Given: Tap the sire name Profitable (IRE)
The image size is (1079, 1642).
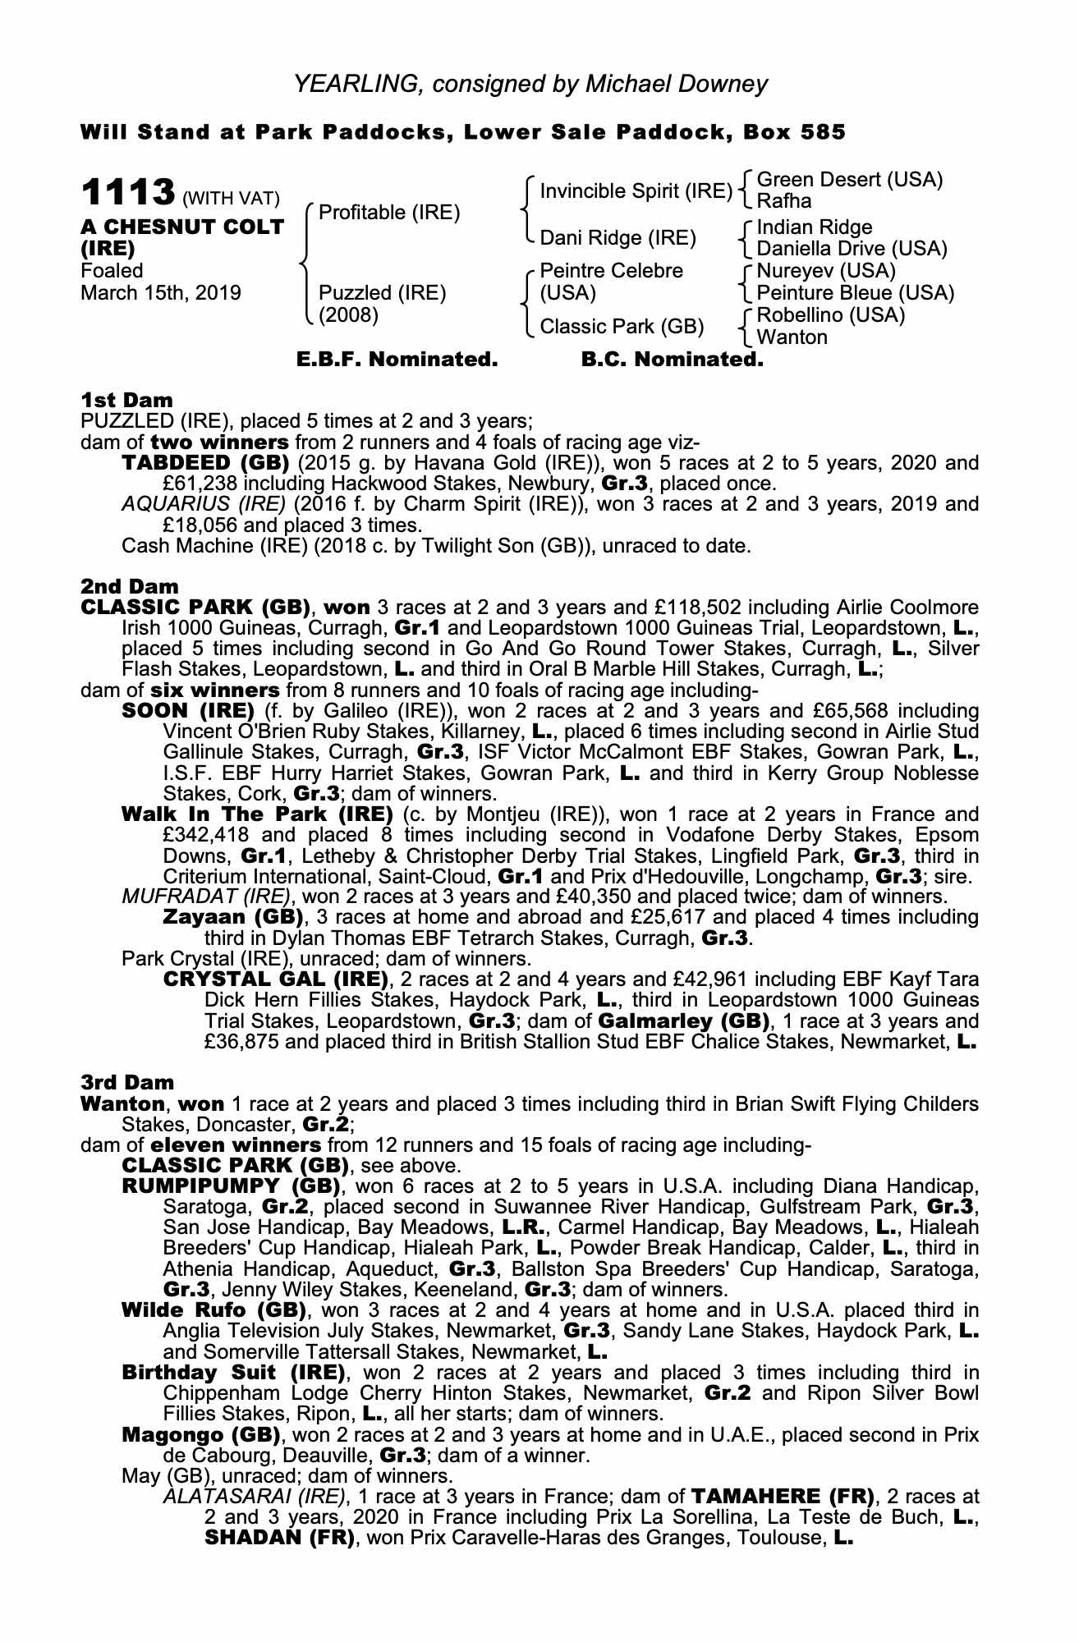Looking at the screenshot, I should tap(388, 213).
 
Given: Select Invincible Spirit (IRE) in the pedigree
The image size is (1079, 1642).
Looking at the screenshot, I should tap(636, 191).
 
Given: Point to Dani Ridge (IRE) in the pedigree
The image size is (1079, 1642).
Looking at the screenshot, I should tap(618, 238).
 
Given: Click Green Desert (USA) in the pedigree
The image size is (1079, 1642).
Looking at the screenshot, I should tap(849, 180).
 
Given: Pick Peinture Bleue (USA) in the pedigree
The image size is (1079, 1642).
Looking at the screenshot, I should tap(855, 293).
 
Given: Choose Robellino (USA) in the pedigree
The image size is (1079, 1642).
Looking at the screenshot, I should tap(830, 315).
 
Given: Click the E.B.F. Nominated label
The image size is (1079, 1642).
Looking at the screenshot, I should tap(397, 360).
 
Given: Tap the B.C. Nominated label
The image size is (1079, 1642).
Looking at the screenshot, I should tap(672, 360).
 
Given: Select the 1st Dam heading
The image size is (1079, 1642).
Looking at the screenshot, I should tap(126, 400).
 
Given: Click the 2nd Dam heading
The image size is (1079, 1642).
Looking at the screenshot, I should tap(129, 586).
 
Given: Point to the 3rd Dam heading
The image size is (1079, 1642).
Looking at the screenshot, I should tap(128, 1083).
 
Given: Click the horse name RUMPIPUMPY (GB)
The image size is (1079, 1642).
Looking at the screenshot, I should tap(231, 1186).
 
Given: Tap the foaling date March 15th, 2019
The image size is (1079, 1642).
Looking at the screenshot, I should tap(161, 293).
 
